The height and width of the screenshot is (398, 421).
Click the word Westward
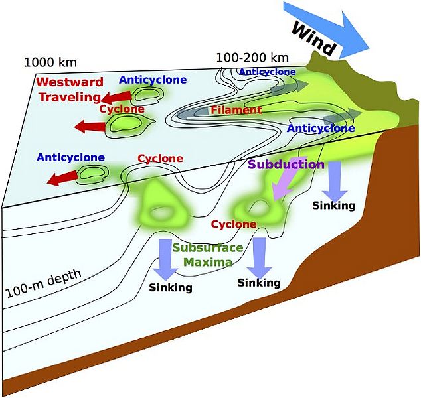click(70, 82)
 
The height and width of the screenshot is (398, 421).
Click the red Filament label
click(236, 109)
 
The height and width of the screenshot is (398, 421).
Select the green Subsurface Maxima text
click(202, 254)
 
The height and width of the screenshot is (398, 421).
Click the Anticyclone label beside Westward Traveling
click(152, 80)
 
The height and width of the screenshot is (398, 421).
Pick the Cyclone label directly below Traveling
click(122, 108)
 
